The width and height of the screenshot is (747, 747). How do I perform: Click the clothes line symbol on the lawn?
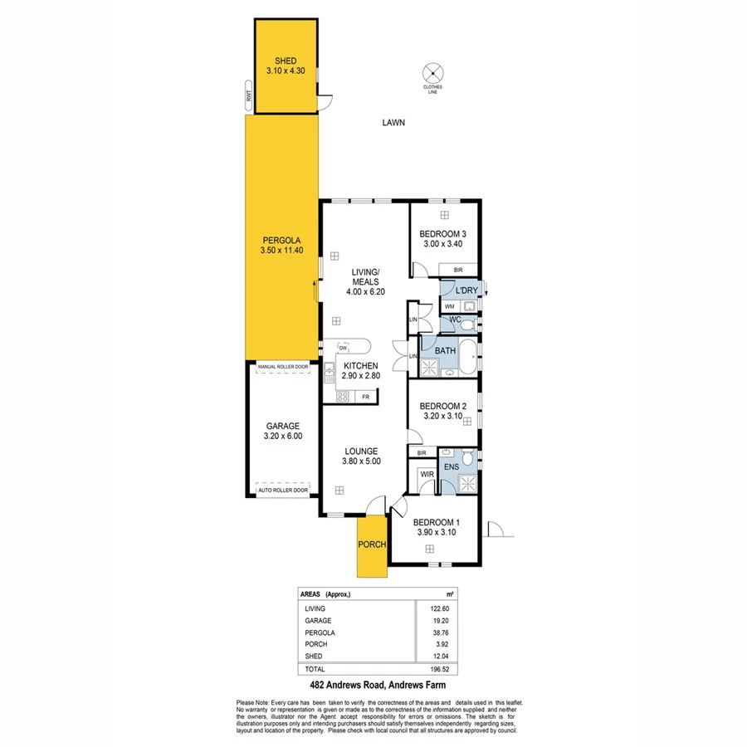pos(432,71)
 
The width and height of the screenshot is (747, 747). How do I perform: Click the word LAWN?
pos(393,123)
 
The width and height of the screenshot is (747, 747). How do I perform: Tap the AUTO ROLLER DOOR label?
pos(282,491)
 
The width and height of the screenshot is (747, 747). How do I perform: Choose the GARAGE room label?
pos(282,432)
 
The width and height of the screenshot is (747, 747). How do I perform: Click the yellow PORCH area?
pos(371,545)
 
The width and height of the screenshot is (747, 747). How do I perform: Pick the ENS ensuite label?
pos(452,467)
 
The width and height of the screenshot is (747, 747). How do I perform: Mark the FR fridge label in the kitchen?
pos(365,398)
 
